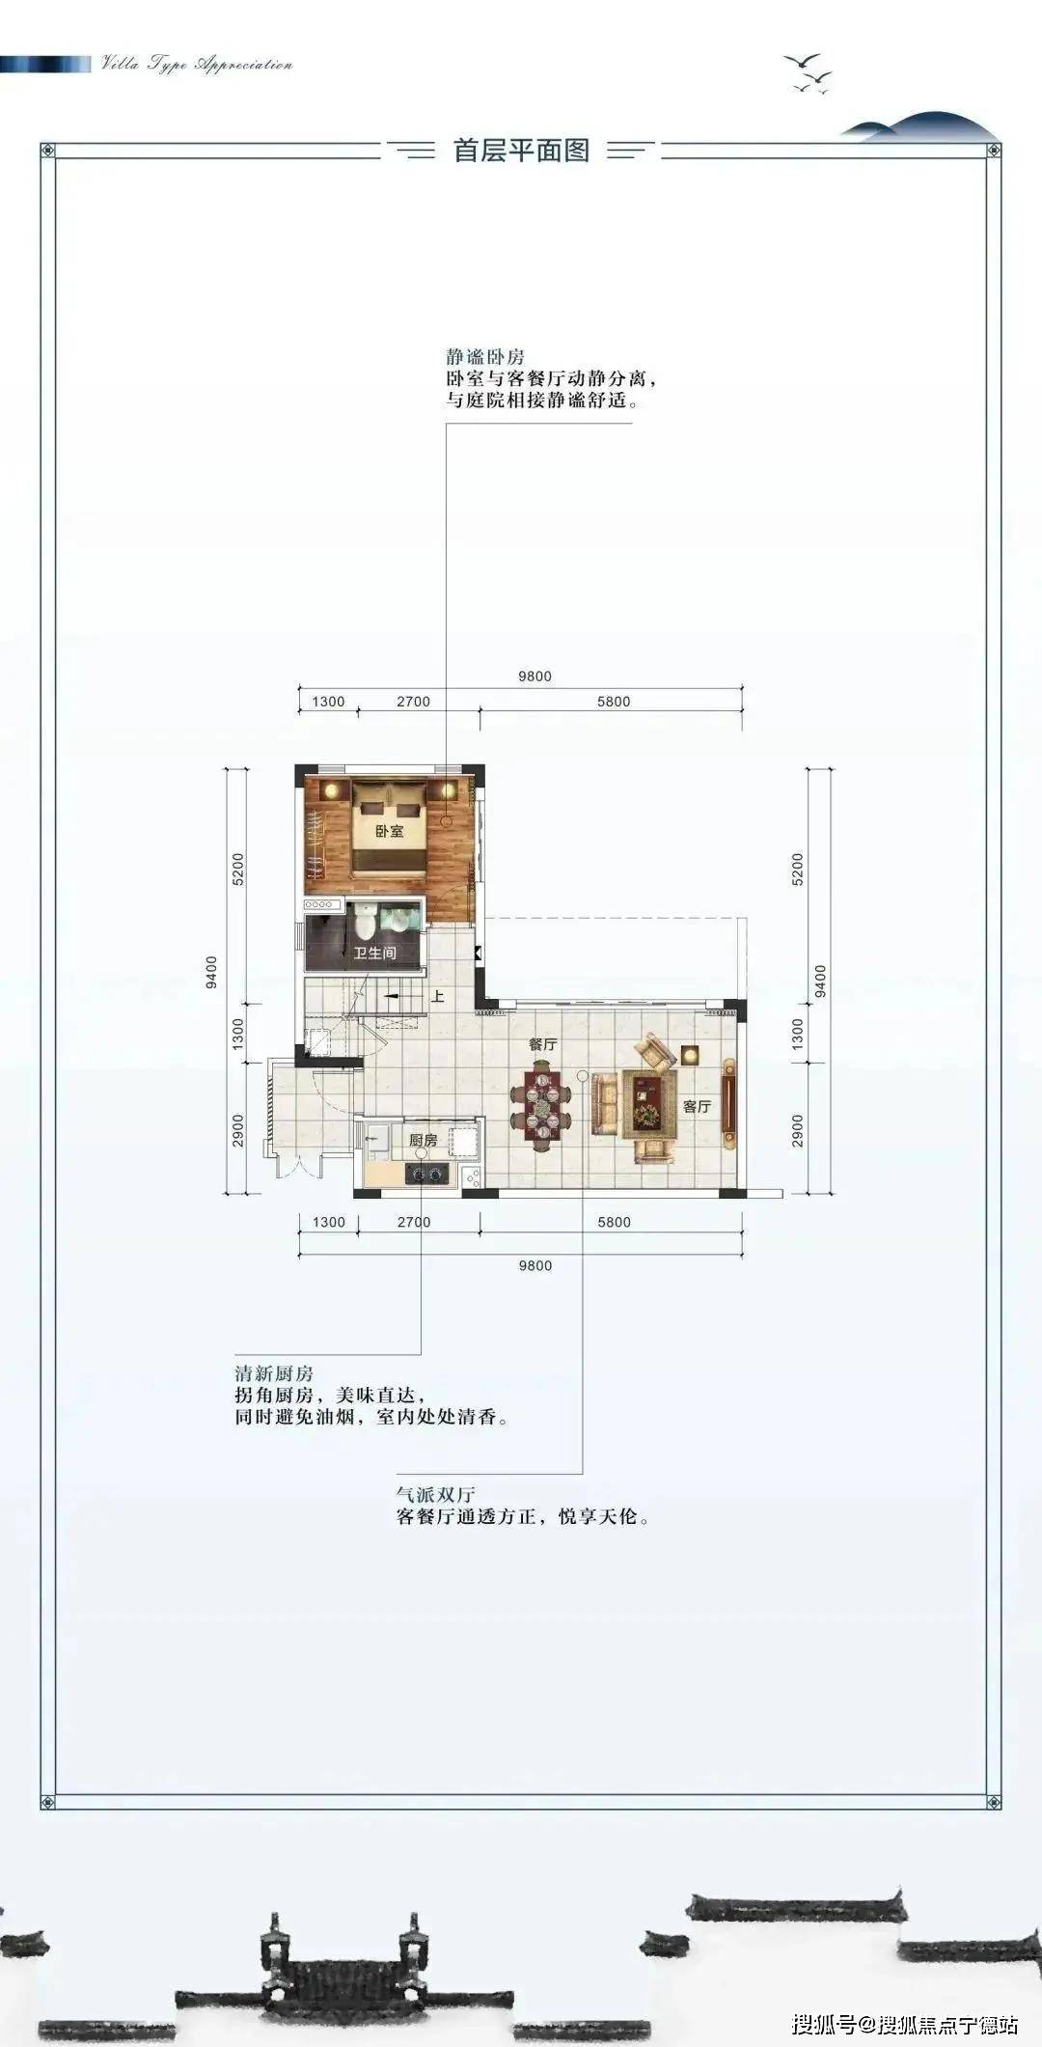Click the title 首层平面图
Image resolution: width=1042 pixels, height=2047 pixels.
pos(521,151)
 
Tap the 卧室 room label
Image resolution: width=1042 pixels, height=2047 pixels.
pos(389,831)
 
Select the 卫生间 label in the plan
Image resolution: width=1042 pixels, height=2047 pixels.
pos(374,953)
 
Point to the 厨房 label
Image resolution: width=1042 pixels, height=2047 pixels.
pos(423,1140)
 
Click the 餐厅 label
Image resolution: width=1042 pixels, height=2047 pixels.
pos(543,1044)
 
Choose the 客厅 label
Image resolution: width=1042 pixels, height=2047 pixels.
pos(697,1106)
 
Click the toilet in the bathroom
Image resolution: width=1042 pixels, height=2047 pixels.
pos(364,923)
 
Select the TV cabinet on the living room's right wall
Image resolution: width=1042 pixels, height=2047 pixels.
pos(728,1102)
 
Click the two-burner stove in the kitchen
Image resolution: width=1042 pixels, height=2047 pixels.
pos(426,1174)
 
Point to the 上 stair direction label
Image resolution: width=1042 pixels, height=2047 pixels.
pos(437,996)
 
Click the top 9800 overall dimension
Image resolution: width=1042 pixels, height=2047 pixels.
pos(535,677)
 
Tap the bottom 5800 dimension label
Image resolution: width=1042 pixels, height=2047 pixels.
pos(614,1222)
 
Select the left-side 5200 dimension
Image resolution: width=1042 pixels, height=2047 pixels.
pos(238,869)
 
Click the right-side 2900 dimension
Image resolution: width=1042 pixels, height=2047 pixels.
pos(798,1130)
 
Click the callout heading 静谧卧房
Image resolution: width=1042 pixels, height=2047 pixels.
pos(485,357)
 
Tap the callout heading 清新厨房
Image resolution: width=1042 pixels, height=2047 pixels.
pos(274,1373)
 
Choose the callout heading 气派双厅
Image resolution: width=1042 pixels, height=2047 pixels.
pos(436,1494)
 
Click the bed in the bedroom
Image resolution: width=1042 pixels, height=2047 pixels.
pos(389,826)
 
